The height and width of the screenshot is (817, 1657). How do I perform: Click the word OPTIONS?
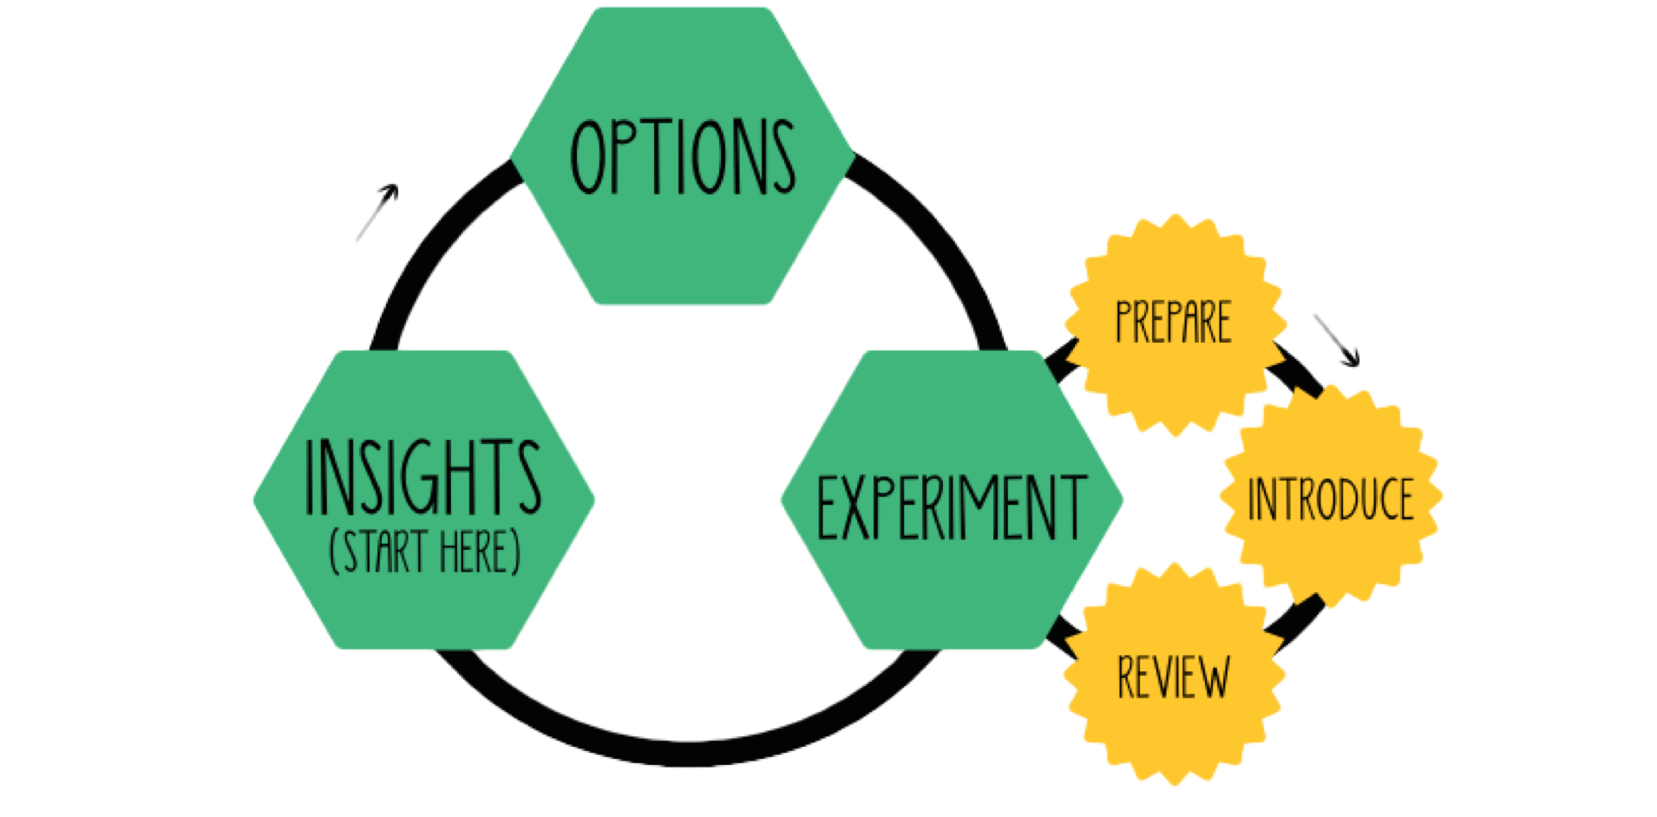click(x=683, y=156)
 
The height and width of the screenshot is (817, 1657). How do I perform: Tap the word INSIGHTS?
click(x=423, y=476)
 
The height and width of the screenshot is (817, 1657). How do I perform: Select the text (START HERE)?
click(x=425, y=552)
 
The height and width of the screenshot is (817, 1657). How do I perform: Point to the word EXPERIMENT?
click(x=952, y=507)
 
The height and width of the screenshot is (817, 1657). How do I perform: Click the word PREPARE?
click(x=1173, y=322)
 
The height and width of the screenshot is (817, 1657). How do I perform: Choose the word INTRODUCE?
click(x=1331, y=500)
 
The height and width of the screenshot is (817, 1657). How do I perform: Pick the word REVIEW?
click(x=1173, y=677)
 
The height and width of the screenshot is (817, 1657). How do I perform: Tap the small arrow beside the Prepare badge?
click(x=1336, y=340)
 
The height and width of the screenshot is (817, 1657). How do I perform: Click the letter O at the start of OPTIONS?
click(x=588, y=156)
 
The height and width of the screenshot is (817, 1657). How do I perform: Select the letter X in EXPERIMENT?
click(x=855, y=507)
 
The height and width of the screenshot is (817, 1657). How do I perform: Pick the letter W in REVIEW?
click(x=1213, y=677)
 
